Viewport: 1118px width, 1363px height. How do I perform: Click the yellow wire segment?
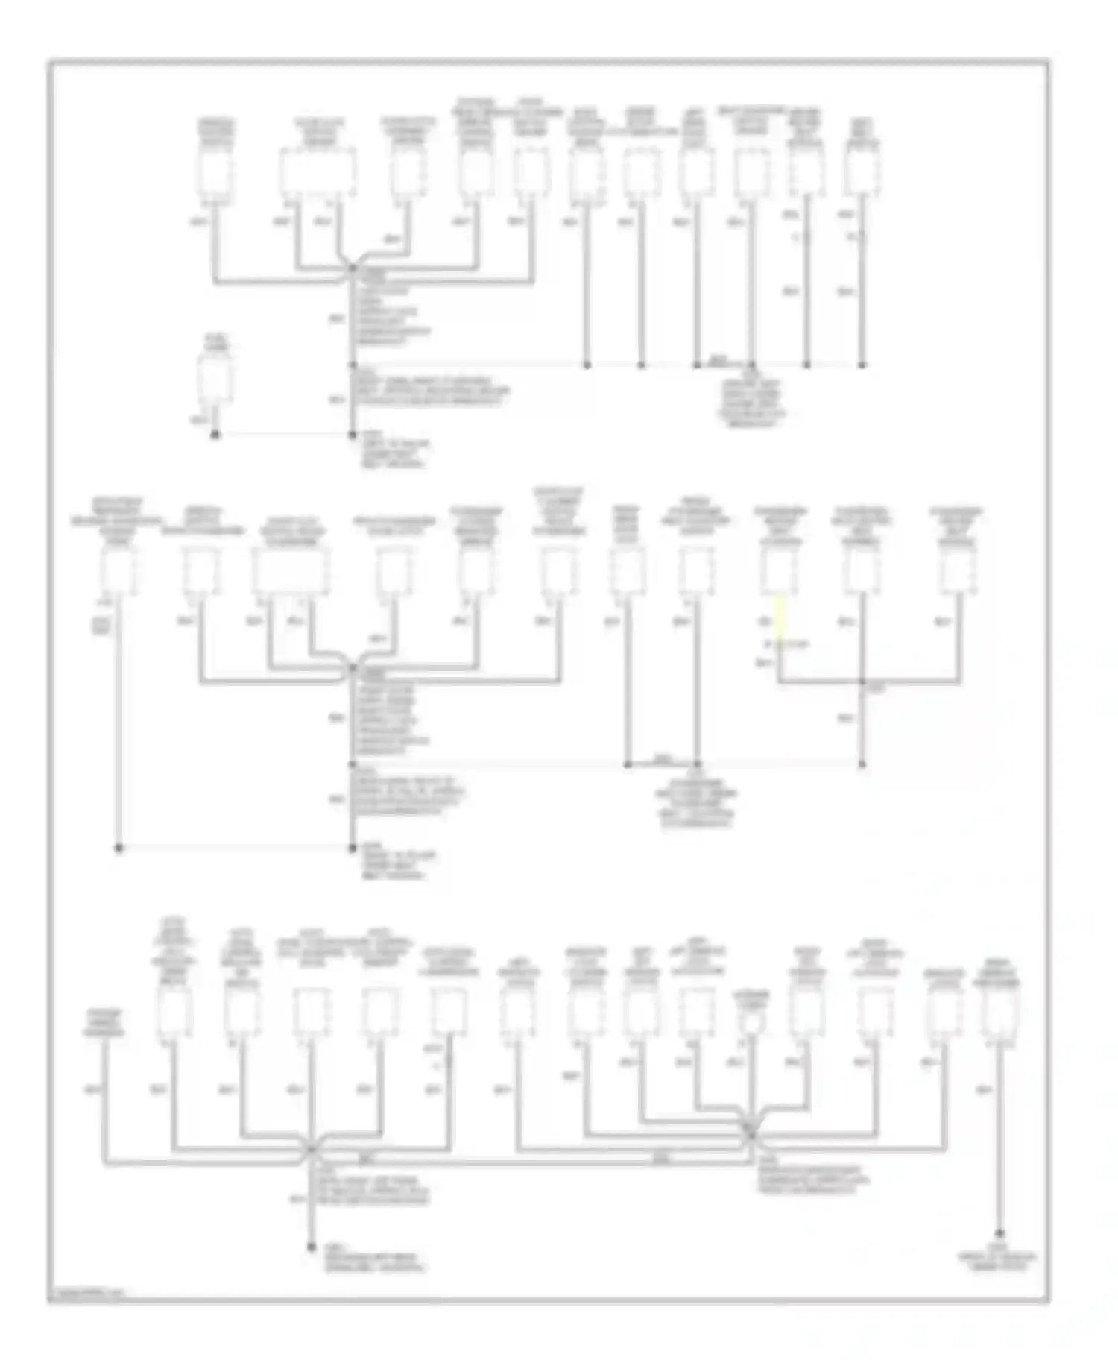click(x=780, y=617)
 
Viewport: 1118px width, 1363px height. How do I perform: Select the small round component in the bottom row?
click(x=752, y=1023)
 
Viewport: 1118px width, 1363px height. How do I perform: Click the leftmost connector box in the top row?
click(x=215, y=173)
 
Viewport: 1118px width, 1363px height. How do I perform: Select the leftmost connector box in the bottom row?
click(x=174, y=1013)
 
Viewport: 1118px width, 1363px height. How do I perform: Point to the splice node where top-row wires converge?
click(x=352, y=270)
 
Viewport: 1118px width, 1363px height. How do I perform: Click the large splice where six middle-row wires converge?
click(x=352, y=669)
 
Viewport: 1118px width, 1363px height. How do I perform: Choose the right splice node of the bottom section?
click(x=751, y=1134)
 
